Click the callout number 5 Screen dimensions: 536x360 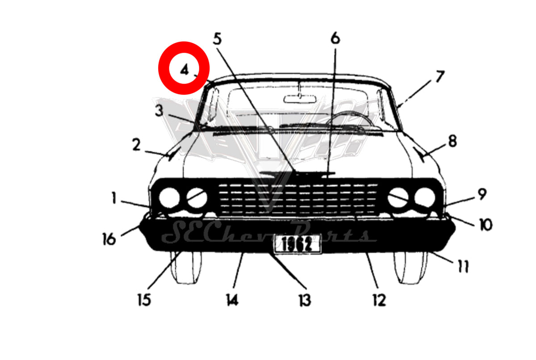coord(217,39)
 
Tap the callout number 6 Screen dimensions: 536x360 coord(335,38)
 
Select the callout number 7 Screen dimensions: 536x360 coord(440,76)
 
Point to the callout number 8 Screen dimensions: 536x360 coord(452,141)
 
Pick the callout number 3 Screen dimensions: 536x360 coord(159,111)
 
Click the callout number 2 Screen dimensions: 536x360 coord(137,145)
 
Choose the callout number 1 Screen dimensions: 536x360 coord(114,198)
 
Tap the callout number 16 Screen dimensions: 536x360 coord(109,239)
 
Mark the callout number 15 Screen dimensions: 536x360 coord(145,300)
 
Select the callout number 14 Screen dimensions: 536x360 coord(232,300)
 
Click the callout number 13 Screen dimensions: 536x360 coord(305,300)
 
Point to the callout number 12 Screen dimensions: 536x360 coord(380,300)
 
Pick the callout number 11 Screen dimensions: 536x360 coord(463,266)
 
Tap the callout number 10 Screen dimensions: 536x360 coord(486,225)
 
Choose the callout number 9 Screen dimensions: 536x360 coord(482,194)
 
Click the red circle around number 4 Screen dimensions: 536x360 coord(184,68)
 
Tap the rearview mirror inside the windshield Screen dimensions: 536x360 coord(300,99)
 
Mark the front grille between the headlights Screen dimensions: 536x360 coord(298,199)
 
